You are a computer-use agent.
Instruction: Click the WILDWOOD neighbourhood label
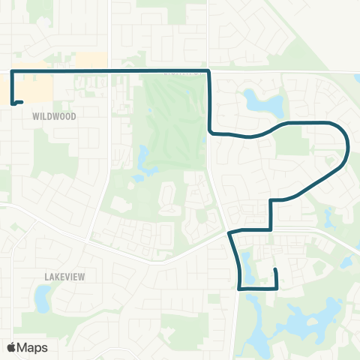click(55, 117)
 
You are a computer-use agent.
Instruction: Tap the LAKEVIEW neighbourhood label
click(64, 276)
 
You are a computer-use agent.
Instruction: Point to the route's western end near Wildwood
click(22, 102)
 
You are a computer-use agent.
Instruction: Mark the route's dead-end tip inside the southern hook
click(275, 270)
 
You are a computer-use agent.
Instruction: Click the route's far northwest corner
click(12, 71)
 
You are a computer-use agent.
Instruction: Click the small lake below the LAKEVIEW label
click(43, 299)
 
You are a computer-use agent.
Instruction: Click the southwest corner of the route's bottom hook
click(239, 287)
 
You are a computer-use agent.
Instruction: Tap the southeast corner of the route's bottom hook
click(277, 287)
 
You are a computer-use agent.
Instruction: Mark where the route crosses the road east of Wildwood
click(110, 71)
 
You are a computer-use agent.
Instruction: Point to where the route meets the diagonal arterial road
click(229, 233)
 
